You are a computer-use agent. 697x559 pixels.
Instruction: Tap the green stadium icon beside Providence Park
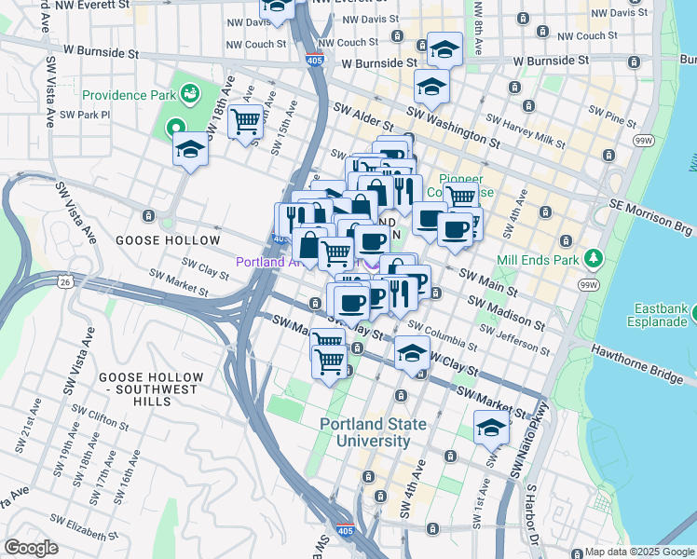point(189,93)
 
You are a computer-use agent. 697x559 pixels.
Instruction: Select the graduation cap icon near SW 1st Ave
point(491,428)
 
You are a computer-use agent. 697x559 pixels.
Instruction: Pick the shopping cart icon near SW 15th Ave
point(245,120)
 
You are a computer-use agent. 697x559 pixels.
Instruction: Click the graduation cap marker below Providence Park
point(191,149)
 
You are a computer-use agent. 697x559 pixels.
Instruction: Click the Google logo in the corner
point(31,547)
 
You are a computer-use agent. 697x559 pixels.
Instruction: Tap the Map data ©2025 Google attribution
point(639,552)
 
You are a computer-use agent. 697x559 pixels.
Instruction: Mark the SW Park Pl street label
point(85,115)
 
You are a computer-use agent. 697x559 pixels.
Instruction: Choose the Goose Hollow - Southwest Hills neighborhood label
point(136,389)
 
